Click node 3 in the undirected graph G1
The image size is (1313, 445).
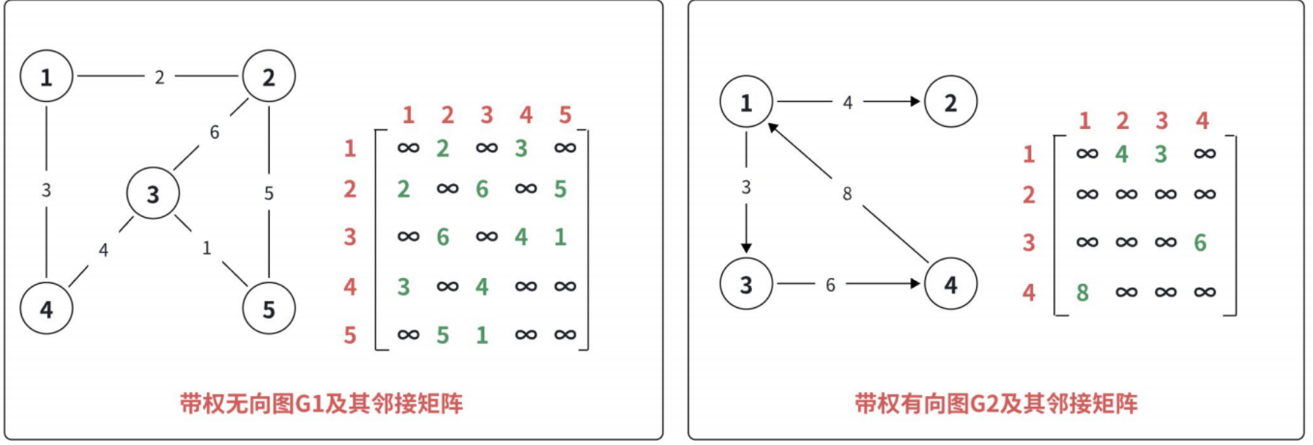152,194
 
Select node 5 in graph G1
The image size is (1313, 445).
269,309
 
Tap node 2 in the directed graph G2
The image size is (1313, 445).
951,102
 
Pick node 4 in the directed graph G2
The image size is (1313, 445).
951,284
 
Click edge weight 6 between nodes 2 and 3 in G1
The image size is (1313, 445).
214,133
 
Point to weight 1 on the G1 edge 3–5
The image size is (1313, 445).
207,249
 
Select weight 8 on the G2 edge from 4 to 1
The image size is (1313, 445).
847,194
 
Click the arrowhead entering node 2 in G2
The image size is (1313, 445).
915,101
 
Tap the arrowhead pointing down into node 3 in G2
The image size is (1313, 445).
746,248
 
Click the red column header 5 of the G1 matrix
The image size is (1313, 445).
565,115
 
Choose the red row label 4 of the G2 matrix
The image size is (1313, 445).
1029,293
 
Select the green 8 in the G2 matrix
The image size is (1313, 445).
1082,293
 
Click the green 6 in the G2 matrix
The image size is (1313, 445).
1199,243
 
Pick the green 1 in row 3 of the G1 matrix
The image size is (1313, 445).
560,237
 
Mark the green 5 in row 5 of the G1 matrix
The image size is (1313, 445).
442,335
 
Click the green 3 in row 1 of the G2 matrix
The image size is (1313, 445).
1161,154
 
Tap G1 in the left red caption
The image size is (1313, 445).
308,404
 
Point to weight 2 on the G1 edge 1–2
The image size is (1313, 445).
159,77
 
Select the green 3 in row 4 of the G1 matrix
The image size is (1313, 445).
403,287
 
